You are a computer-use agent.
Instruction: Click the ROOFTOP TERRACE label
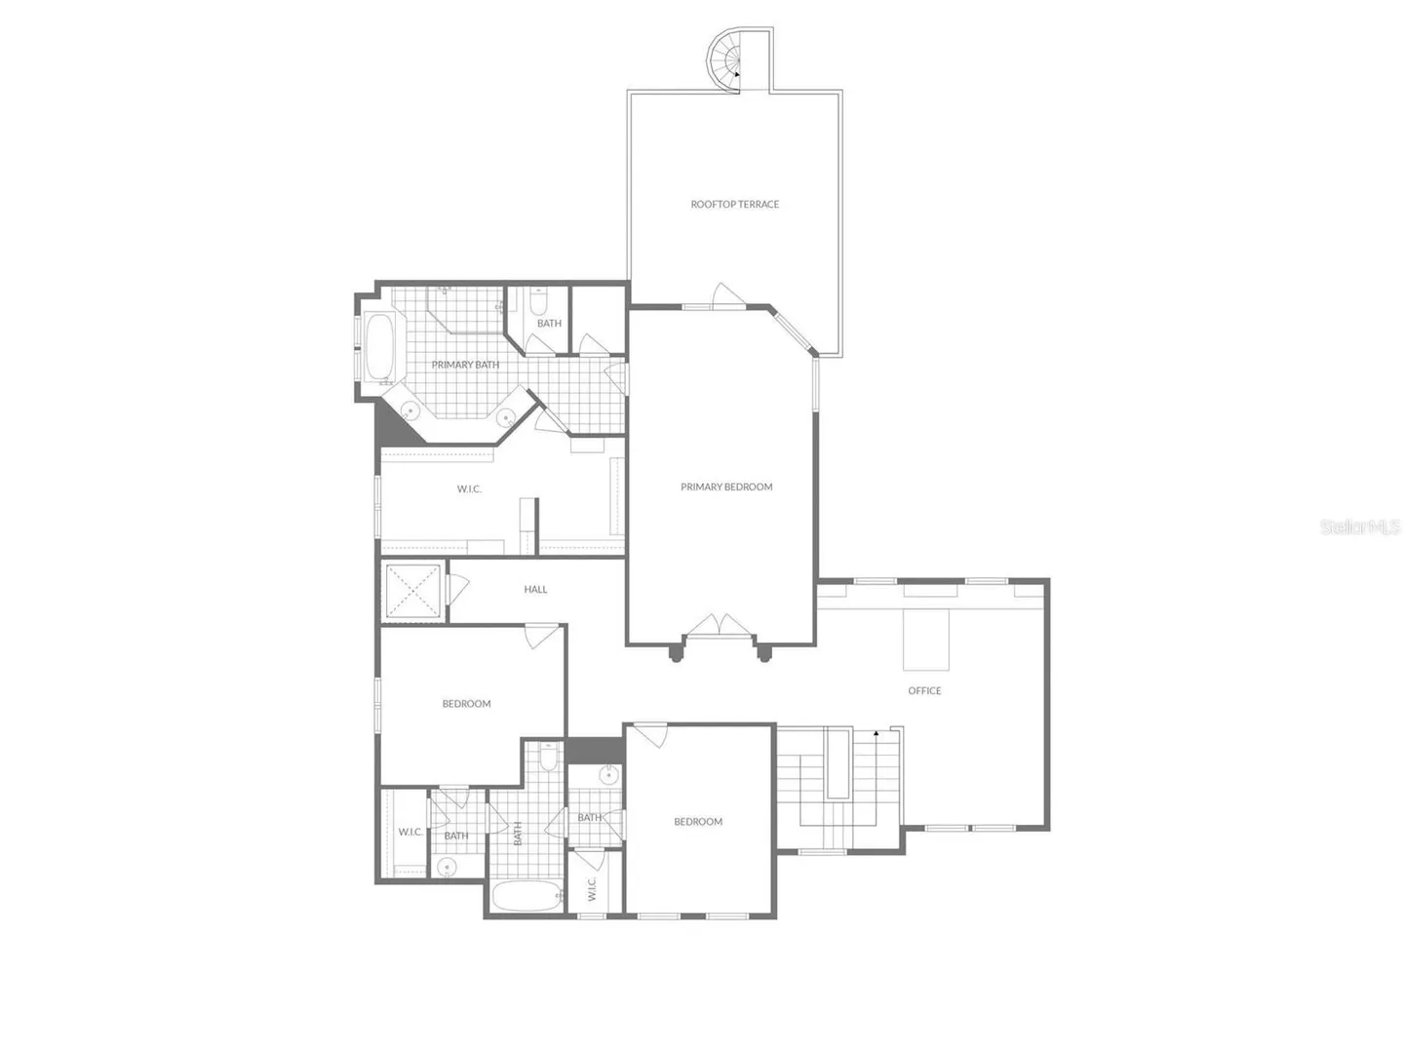tap(734, 205)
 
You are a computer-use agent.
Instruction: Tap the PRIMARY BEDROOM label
tap(726, 487)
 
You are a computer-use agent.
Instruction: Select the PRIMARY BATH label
tap(465, 365)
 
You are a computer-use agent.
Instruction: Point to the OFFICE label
tap(924, 690)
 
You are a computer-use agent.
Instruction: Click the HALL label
tap(535, 590)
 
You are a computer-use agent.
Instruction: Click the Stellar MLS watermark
tap(1360, 526)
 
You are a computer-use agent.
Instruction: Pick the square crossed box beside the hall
tap(413, 592)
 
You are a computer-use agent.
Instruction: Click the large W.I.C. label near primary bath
tap(469, 489)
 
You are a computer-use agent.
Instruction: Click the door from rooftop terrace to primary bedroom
tap(728, 296)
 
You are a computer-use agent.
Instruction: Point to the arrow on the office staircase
tap(876, 732)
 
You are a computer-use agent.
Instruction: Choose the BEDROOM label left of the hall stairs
tap(698, 822)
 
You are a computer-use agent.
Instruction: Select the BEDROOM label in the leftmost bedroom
tap(466, 704)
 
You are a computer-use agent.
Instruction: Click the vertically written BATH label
tap(518, 833)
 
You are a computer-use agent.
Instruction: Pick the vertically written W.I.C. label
tap(592, 889)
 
